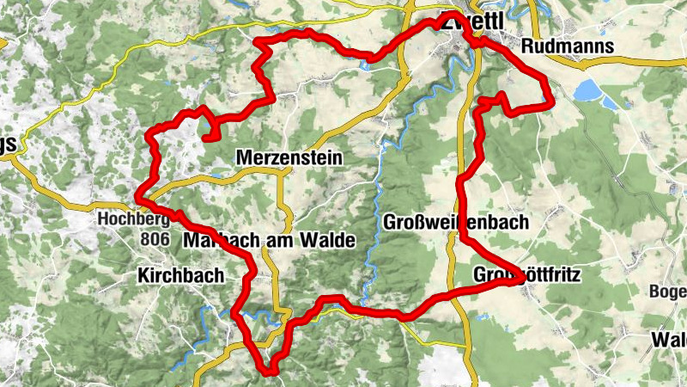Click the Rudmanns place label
click(x=568, y=46)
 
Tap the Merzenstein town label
click(x=288, y=159)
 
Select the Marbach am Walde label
click(x=269, y=242)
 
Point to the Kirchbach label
click(x=180, y=276)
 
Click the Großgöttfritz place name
click(x=527, y=276)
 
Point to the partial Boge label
click(x=668, y=292)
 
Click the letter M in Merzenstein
click(x=241, y=159)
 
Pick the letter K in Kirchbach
click(x=143, y=276)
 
